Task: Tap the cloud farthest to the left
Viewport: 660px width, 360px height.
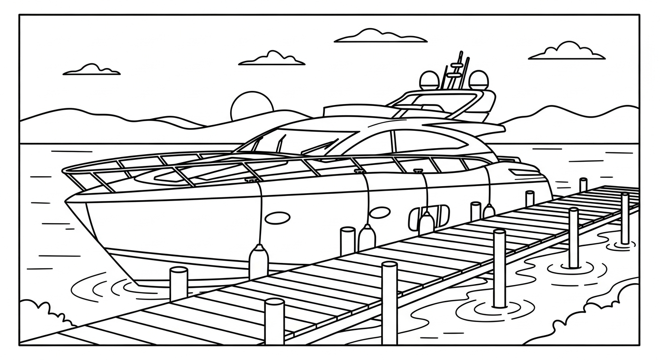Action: click(92, 70)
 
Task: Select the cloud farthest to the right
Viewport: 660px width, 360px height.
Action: click(567, 52)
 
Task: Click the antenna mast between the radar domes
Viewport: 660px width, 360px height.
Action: click(455, 70)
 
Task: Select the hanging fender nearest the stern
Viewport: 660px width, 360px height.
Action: click(489, 212)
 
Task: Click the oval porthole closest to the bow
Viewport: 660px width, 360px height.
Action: click(277, 218)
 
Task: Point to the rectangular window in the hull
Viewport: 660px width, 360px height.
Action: click(429, 216)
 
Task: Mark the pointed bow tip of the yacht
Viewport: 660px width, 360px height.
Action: click(67, 201)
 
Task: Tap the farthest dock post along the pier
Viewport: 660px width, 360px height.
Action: click(583, 185)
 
